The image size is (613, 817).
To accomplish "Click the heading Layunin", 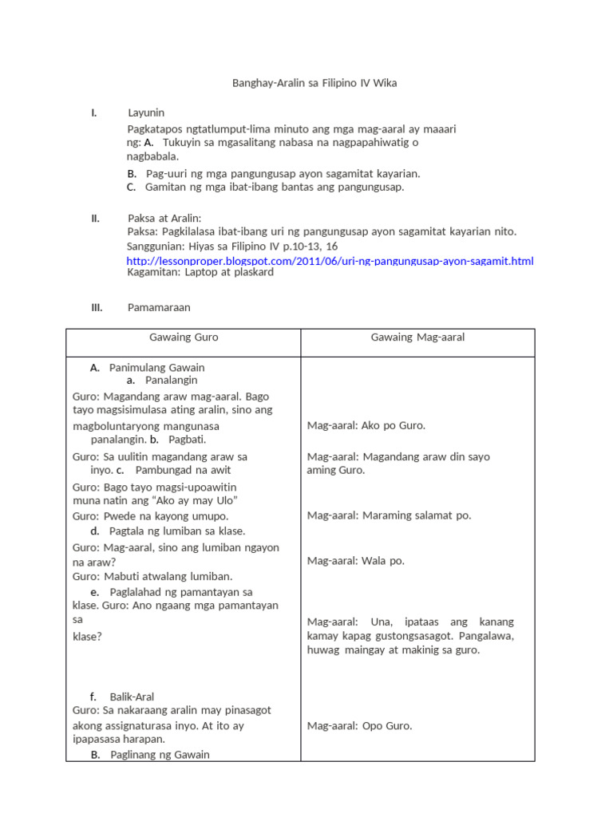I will (x=146, y=113).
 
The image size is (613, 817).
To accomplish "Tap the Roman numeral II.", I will (x=95, y=219).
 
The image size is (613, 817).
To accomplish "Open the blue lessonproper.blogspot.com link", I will (x=330, y=260).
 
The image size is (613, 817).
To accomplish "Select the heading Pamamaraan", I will (x=159, y=307).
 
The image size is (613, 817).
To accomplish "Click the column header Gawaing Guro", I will (x=184, y=337).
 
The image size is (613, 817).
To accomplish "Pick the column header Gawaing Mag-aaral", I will (x=417, y=337).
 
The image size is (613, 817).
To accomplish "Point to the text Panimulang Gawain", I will (x=156, y=368).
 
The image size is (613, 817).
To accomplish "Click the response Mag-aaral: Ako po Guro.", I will (x=366, y=425).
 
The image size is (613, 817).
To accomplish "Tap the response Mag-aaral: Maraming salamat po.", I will (x=389, y=515).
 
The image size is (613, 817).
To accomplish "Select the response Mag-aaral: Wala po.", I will (x=355, y=561).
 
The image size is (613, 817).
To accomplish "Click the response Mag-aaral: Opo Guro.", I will (x=360, y=726).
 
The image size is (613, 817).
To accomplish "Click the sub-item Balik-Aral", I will (x=132, y=697).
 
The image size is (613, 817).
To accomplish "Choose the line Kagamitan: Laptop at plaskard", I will (x=200, y=272).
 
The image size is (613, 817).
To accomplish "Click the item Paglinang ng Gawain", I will (x=160, y=755).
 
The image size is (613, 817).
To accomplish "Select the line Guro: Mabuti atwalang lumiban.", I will (x=152, y=576).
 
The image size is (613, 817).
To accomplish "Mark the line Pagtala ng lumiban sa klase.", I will (x=177, y=531).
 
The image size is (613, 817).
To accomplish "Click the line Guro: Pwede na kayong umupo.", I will (x=150, y=515).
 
